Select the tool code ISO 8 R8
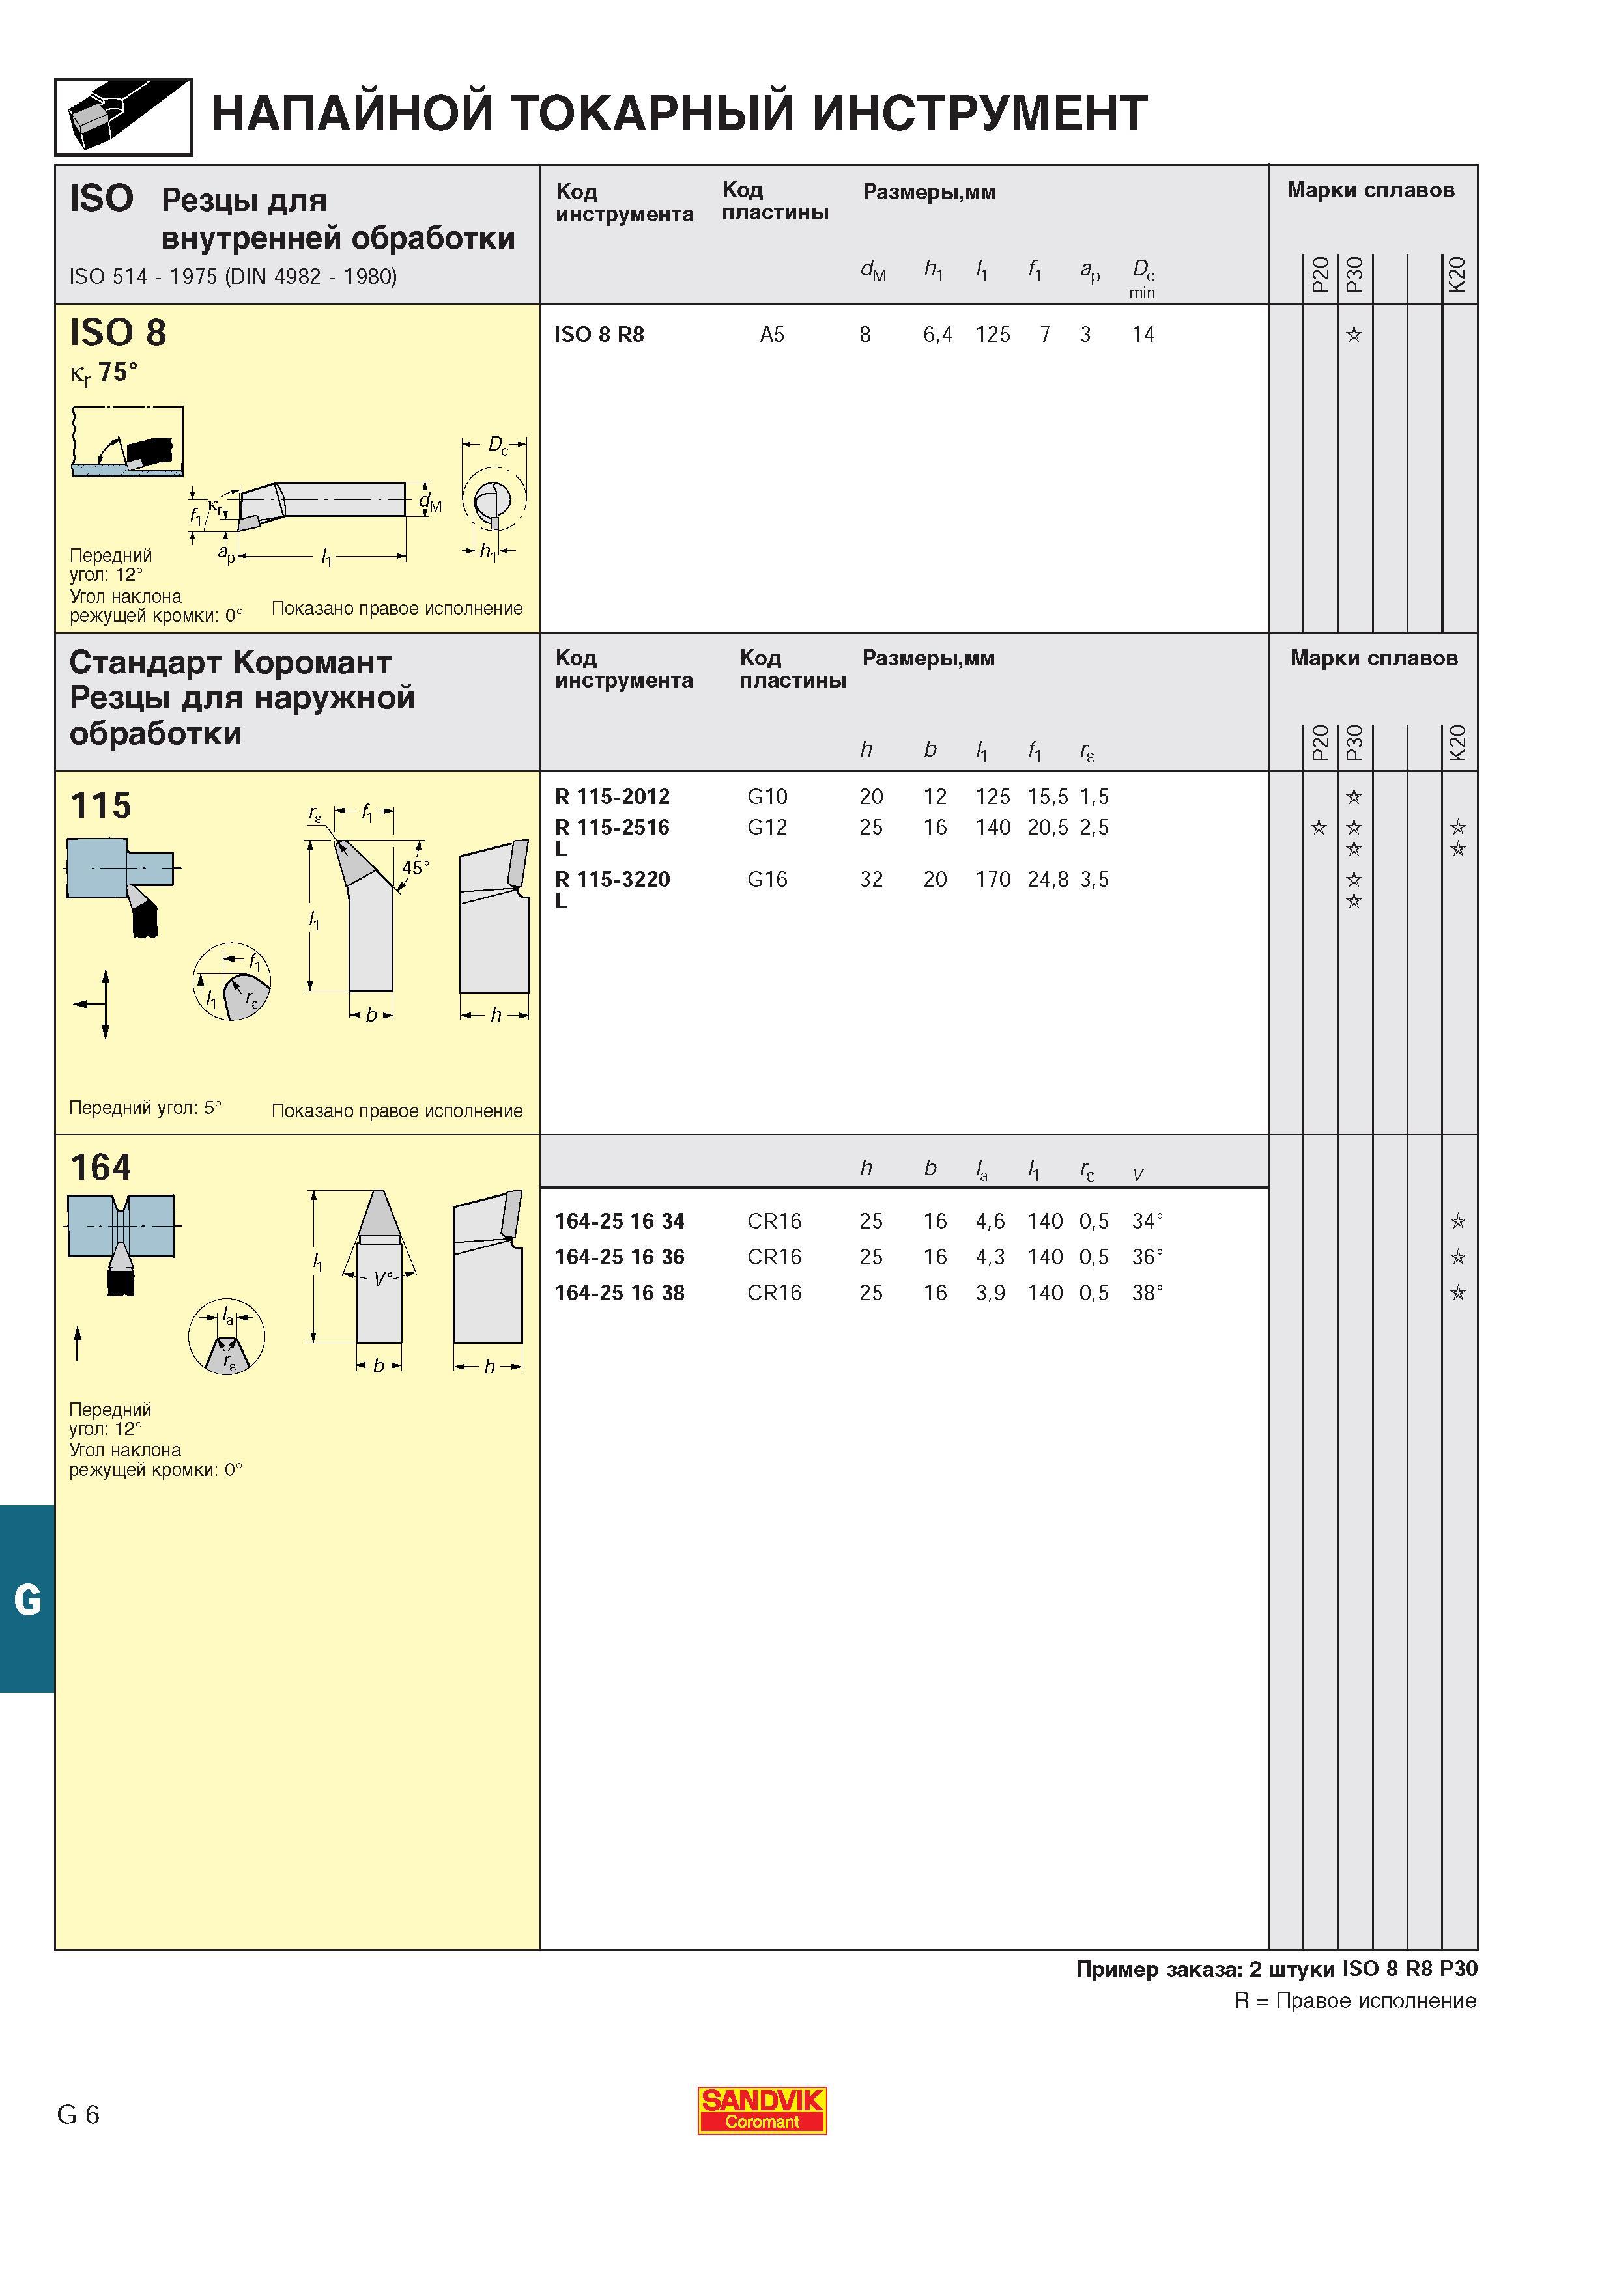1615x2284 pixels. (599, 334)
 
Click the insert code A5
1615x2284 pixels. (772, 334)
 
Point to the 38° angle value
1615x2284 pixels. (1147, 1292)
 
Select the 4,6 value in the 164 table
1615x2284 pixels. (990, 1221)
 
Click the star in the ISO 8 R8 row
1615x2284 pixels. (1353, 334)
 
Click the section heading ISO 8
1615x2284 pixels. (117, 332)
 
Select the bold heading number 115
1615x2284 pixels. (100, 805)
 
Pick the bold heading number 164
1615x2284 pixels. (100, 1167)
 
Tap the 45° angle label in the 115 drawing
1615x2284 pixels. (415, 867)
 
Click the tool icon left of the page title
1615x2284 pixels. (123, 117)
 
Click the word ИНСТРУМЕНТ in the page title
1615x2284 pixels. (980, 113)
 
